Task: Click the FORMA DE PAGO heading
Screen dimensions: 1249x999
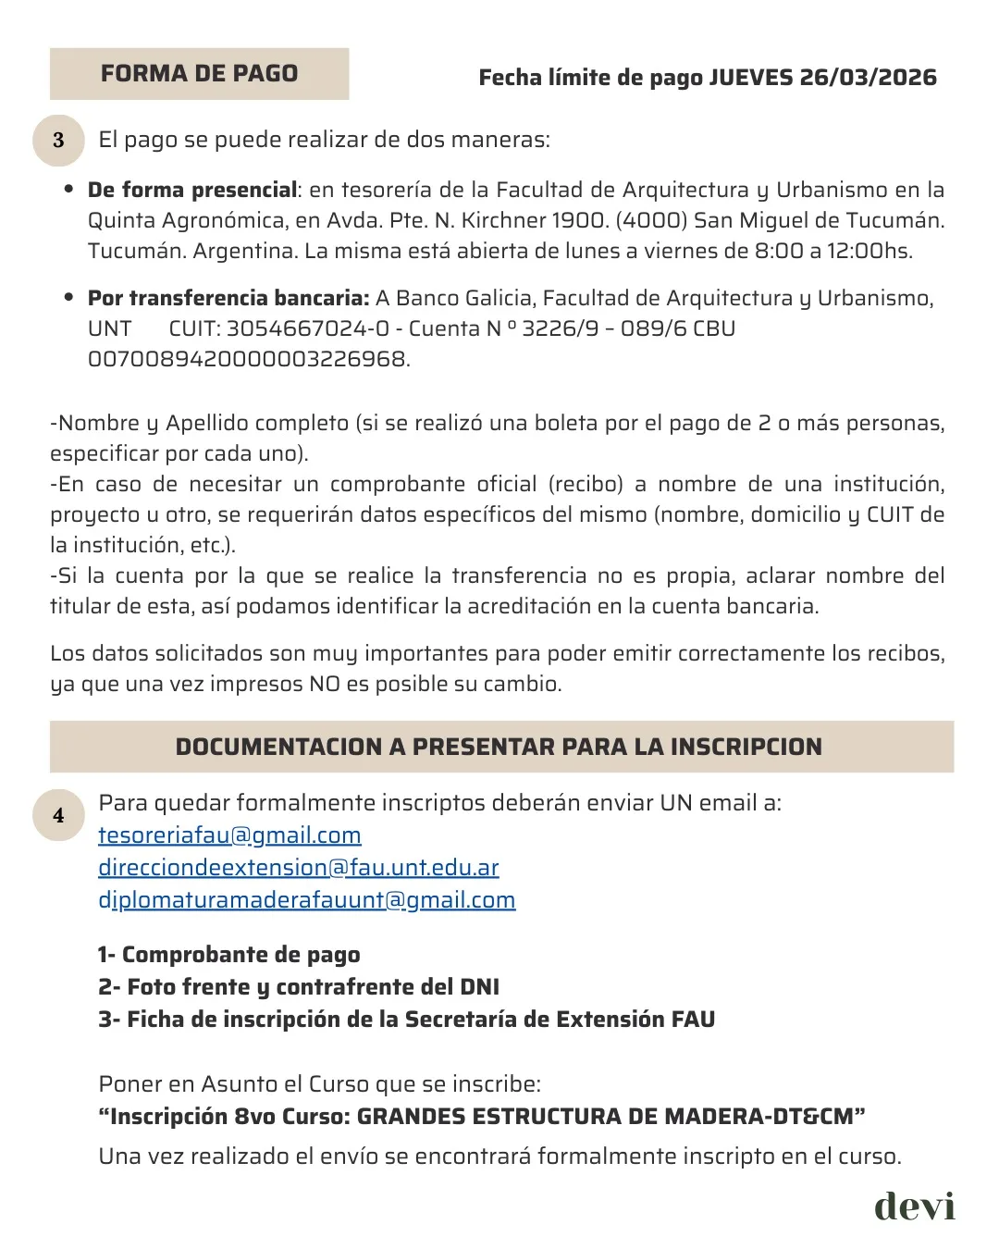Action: (x=199, y=74)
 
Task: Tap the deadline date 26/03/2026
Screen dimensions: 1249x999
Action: (x=868, y=78)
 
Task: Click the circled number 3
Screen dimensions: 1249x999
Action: (x=58, y=140)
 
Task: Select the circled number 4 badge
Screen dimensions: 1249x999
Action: (x=58, y=815)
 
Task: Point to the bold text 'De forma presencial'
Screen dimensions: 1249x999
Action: (x=192, y=191)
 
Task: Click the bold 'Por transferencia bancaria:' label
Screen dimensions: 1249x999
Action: (x=228, y=298)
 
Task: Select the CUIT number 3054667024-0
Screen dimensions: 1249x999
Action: (x=308, y=329)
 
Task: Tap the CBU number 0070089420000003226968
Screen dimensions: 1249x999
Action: (x=248, y=360)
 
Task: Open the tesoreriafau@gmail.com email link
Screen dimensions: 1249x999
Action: (x=229, y=835)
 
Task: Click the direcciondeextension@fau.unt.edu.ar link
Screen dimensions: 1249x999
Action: (x=299, y=868)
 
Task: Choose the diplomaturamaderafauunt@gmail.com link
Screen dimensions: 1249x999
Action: (x=307, y=900)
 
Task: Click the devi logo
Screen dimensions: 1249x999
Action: (x=914, y=1206)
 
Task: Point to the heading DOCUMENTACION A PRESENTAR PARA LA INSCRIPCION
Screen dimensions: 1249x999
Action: (x=499, y=747)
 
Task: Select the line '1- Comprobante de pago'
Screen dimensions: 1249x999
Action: (x=229, y=955)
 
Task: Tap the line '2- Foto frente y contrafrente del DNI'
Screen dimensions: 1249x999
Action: (x=299, y=987)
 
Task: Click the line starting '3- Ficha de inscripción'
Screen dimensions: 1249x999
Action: (x=407, y=1020)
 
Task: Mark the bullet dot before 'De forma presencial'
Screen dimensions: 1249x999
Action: (x=69, y=190)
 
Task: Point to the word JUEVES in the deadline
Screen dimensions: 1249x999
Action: (x=750, y=78)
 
